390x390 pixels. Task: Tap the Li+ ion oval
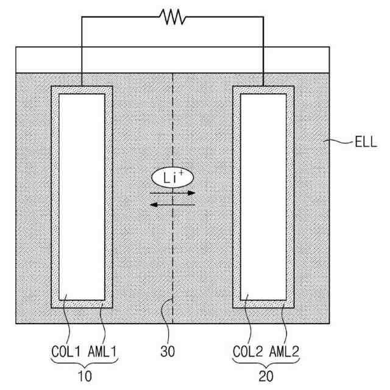point(172,178)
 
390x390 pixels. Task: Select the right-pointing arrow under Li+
point(172,193)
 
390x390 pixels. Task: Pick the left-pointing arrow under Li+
point(172,205)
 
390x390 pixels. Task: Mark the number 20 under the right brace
point(266,376)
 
